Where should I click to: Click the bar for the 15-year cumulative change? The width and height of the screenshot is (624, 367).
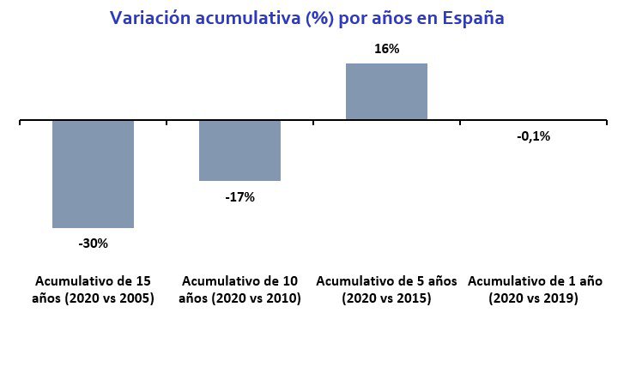coord(93,174)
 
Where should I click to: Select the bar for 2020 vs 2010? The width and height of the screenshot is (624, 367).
coord(239,150)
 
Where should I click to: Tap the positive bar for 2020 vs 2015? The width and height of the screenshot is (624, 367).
coord(386,92)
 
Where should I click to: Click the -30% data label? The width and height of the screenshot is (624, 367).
coord(93,244)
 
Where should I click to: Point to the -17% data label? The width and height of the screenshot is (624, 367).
coord(239,197)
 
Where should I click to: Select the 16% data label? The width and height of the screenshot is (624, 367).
coord(386,49)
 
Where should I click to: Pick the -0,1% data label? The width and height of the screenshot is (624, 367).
coord(533,135)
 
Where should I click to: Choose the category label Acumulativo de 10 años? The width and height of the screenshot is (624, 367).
coord(240,290)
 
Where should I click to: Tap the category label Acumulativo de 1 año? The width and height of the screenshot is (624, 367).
coord(534,281)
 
